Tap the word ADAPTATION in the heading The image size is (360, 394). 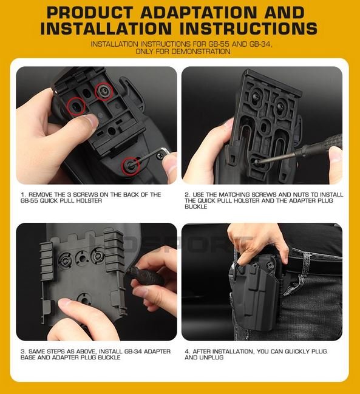[x=203, y=13]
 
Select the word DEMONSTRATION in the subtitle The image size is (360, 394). [x=203, y=52]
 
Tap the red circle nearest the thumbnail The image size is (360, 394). [x=75, y=106]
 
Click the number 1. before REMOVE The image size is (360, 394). [x=22, y=195]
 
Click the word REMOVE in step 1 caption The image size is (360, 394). [x=38, y=195]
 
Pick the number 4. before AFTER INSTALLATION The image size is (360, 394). [x=187, y=352]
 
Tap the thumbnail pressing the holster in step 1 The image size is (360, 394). [x=89, y=121]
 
